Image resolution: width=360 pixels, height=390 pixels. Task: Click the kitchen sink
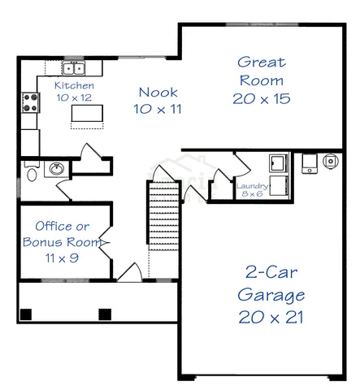coord(75,67)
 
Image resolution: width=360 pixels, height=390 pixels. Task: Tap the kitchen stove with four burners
coord(31,102)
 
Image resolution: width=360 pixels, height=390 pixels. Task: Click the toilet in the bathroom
coord(31,171)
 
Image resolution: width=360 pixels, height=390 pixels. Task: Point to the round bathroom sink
coord(56,169)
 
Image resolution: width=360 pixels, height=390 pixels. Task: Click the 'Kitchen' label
coord(74,85)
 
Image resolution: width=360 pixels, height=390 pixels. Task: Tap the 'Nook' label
coord(158,92)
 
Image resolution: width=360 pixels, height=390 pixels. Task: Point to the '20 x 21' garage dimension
coord(271,316)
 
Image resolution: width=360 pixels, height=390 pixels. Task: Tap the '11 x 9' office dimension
coord(56,258)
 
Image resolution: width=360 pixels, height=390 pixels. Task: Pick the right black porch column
coord(104,314)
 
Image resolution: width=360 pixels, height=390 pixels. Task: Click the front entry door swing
coord(130,272)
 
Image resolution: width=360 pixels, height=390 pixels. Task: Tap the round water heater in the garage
coord(331,161)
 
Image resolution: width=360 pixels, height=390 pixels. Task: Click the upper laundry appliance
coord(278,162)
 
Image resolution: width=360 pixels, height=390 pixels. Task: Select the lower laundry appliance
coord(278,186)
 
